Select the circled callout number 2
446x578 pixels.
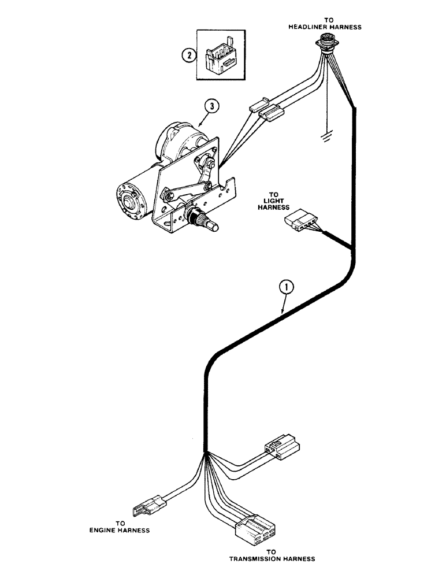click(187, 56)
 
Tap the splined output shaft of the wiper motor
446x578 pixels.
click(206, 221)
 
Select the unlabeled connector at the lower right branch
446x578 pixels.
click(283, 449)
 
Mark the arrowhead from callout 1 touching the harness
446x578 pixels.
click(281, 313)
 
